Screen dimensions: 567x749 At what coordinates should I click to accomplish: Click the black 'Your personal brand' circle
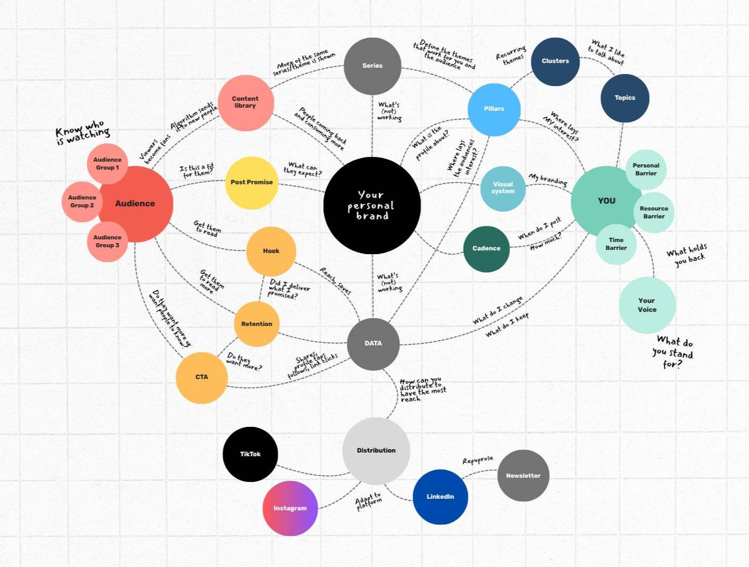[x=372, y=205]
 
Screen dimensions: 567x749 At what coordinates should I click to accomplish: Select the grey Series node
[x=372, y=66]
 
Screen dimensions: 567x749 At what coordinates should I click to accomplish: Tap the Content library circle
[x=245, y=102]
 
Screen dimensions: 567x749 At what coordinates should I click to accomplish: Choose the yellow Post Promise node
[x=252, y=183]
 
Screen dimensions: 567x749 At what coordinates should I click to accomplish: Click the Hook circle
[x=271, y=251]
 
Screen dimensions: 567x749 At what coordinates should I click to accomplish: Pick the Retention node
[x=256, y=324]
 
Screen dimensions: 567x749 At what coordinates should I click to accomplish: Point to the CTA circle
[x=202, y=377]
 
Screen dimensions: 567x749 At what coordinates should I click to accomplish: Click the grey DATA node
[x=373, y=343]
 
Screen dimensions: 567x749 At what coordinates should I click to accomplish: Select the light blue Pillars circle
[x=494, y=109]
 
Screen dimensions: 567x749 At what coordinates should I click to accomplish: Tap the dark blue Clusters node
[x=555, y=61]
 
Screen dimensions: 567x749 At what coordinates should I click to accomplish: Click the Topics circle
[x=624, y=98]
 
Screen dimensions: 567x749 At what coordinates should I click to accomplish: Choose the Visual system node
[x=502, y=188]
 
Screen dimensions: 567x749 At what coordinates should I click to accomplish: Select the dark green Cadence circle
[x=486, y=249]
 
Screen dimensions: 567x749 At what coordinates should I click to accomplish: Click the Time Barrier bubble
[x=616, y=244]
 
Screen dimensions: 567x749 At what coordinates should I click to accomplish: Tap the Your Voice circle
[x=647, y=306]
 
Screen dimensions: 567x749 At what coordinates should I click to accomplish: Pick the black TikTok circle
[x=250, y=454]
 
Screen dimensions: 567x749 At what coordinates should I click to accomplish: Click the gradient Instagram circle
[x=290, y=508]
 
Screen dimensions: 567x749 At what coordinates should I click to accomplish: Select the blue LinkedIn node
[x=440, y=497]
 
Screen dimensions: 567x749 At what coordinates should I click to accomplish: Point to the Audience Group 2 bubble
[x=82, y=202]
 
